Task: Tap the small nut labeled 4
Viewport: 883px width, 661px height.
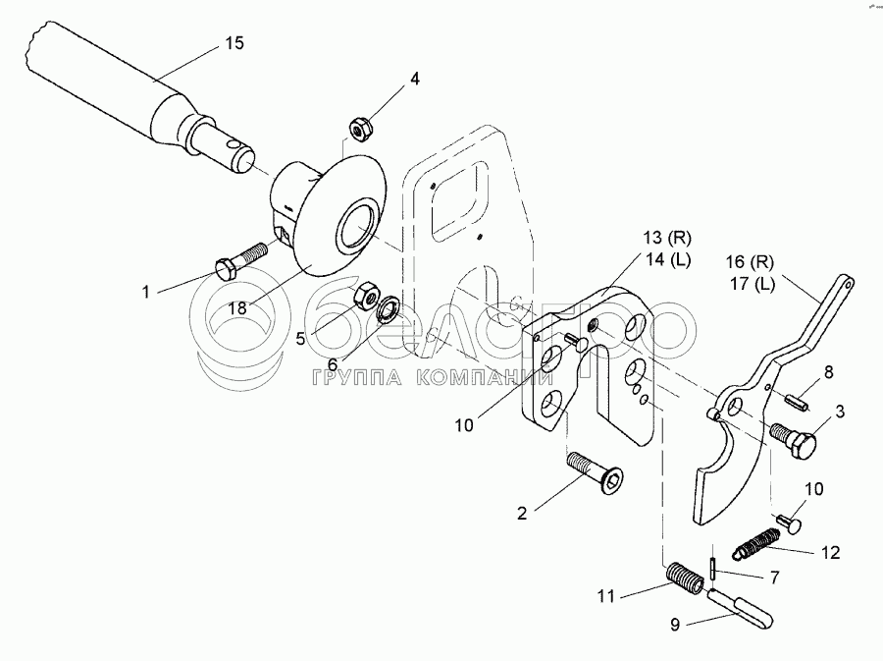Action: [359, 128]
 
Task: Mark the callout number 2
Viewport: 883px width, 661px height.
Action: [522, 512]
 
